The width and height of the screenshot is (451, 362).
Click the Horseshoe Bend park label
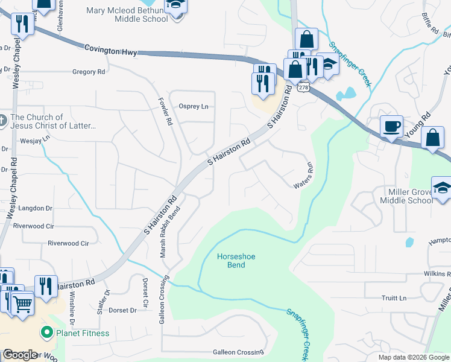[x=236, y=261]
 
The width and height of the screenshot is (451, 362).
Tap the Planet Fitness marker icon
[x=46, y=332]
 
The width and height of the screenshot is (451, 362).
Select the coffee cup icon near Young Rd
[x=391, y=127]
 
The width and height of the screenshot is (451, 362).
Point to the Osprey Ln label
[x=194, y=106]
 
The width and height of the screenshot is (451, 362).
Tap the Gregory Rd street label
[x=89, y=72]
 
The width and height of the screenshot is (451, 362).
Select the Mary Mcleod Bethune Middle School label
[x=127, y=14]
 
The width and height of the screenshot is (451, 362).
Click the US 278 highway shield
[x=303, y=87]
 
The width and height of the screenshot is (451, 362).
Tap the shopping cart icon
[x=22, y=303]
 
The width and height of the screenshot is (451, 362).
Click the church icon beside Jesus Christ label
[x=3, y=121]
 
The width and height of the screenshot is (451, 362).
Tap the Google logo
[x=20, y=355]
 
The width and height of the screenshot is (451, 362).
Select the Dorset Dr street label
[x=122, y=310]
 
